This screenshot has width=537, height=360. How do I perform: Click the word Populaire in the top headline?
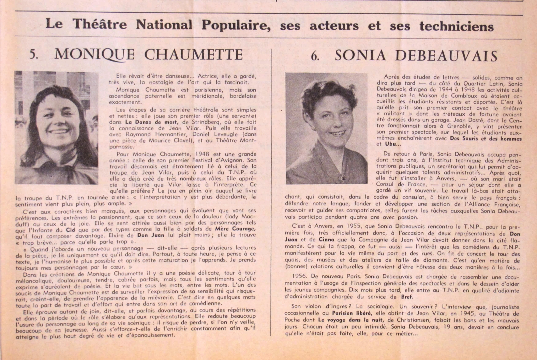click(236, 25)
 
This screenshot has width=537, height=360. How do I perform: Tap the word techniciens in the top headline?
click(456, 26)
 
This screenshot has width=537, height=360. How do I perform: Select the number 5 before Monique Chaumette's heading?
click(33, 55)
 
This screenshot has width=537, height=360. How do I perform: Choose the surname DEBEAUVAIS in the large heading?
click(416, 56)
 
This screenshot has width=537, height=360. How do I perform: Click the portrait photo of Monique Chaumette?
click(57, 128)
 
